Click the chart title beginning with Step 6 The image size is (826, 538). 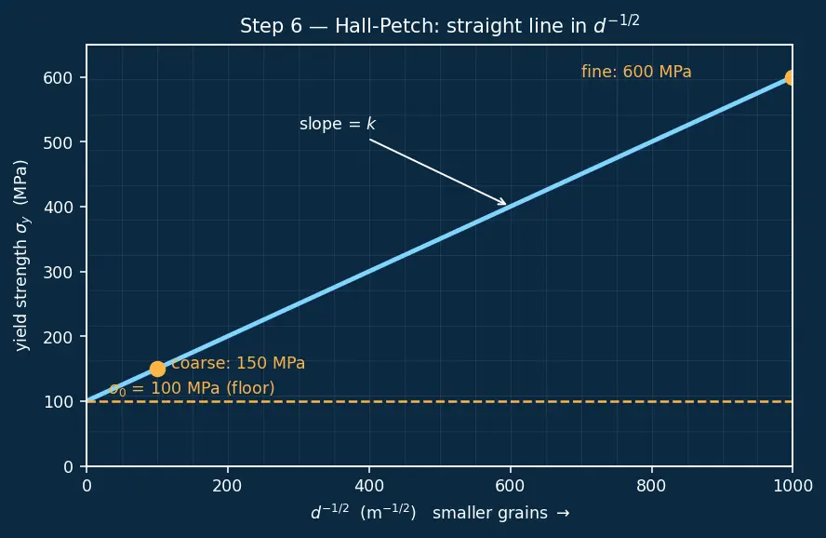(440, 25)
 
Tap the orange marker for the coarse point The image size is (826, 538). (157, 369)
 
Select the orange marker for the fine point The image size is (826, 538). (790, 78)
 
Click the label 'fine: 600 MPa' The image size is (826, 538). (636, 72)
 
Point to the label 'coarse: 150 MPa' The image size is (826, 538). (238, 363)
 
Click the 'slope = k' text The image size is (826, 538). (337, 124)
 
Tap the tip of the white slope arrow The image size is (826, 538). (506, 205)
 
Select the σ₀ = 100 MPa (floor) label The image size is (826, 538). (192, 388)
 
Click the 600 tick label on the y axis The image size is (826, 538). (58, 78)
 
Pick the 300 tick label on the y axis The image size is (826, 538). (58, 273)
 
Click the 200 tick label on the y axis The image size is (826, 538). (58, 337)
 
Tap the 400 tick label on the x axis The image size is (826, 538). (368, 485)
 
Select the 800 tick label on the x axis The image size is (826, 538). (652, 485)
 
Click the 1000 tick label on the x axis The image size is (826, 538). (793, 485)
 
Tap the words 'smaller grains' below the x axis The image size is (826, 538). (490, 513)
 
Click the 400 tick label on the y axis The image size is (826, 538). (58, 208)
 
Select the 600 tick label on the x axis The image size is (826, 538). (510, 485)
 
